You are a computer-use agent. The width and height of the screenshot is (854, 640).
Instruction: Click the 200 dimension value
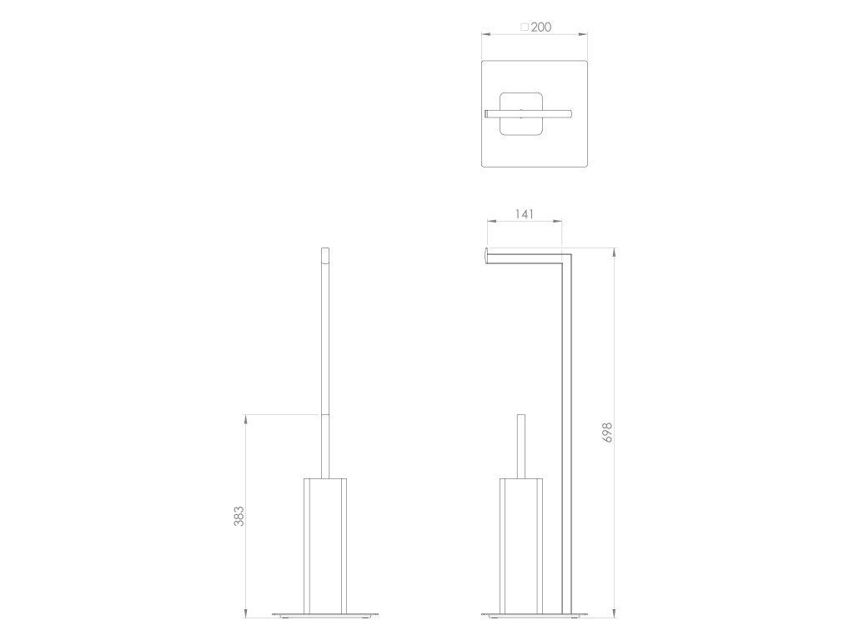[x=540, y=27]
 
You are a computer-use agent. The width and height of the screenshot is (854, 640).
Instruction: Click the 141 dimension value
[x=524, y=214]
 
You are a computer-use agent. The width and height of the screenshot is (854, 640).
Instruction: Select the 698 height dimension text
[x=608, y=432]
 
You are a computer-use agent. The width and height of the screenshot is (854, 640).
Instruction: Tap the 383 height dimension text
[x=239, y=516]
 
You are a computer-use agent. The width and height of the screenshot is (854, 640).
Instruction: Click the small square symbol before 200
[x=525, y=27]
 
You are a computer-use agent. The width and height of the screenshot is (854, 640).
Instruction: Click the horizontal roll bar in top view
[x=528, y=113]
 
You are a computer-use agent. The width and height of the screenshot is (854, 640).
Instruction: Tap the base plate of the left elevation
[x=325, y=616]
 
